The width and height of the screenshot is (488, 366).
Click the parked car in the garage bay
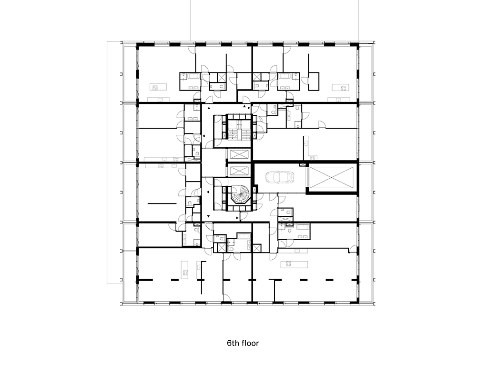tap(280, 177)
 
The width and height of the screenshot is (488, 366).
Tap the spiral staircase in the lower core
tap(239, 195)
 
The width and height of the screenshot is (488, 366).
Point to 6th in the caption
tap(233, 343)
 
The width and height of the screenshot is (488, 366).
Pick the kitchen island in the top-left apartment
tap(158, 87)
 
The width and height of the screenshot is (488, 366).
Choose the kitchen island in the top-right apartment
tap(340, 88)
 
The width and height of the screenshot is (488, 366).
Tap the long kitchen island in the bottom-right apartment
tap(294, 264)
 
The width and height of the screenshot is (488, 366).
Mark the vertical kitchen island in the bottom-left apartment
tap(185, 270)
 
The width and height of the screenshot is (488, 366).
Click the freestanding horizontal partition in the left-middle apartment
tap(162, 203)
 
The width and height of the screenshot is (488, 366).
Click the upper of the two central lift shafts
tap(239, 155)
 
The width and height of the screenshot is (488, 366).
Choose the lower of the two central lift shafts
tap(239, 171)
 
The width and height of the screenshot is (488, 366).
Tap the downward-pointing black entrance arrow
tap(209, 215)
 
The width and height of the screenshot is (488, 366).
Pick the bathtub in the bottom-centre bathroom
tap(244, 236)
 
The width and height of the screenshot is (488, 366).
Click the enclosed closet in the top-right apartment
tap(314, 81)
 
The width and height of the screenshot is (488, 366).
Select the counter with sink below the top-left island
tap(158, 100)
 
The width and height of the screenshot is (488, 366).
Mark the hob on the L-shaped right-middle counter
tap(313, 157)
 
